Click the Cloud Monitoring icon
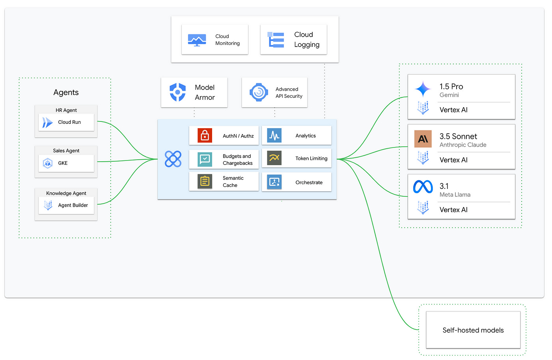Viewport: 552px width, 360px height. point(197,40)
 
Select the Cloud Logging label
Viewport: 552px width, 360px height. point(306,40)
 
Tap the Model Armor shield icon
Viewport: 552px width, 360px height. point(177,92)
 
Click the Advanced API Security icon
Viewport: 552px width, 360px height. point(259,92)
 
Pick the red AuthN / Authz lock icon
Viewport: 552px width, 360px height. point(205,136)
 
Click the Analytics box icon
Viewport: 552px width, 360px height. point(274,136)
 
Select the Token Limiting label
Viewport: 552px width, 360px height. point(311,159)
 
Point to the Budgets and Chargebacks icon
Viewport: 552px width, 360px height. point(205,159)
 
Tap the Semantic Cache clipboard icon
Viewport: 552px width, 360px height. point(205,181)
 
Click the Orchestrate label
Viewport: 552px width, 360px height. point(309,183)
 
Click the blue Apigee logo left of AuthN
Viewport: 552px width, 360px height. point(173,159)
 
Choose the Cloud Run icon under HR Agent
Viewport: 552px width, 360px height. point(47,123)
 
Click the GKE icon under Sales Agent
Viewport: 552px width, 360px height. point(48,163)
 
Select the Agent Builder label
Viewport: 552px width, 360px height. point(73,205)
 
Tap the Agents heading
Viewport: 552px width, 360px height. point(66,93)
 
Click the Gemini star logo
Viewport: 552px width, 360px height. point(423,89)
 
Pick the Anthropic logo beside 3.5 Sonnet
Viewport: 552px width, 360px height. point(423,139)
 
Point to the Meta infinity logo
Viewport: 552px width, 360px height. point(423,187)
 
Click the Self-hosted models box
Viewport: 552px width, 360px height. point(473,330)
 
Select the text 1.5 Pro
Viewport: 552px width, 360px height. point(451,86)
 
